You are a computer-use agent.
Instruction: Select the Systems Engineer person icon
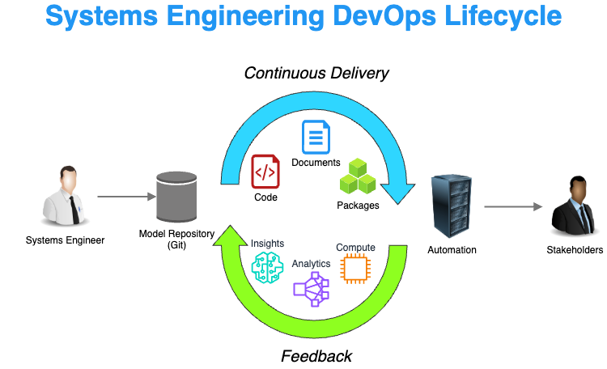click(x=65, y=196)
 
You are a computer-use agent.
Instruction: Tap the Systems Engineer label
click(x=65, y=240)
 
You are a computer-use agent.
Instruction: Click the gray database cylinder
click(x=177, y=197)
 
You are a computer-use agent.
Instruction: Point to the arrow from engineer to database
click(x=125, y=197)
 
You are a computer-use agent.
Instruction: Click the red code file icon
click(x=265, y=172)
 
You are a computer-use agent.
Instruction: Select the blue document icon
click(x=316, y=137)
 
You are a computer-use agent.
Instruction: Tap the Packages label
click(x=358, y=206)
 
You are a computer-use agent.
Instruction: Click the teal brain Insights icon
click(x=267, y=267)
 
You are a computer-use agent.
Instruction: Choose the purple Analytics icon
click(x=312, y=287)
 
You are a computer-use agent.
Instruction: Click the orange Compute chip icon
click(x=354, y=269)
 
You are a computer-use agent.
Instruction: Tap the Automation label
click(x=452, y=250)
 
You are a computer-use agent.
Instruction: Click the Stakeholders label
click(x=575, y=250)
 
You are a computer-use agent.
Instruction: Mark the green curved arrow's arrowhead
click(x=229, y=235)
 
